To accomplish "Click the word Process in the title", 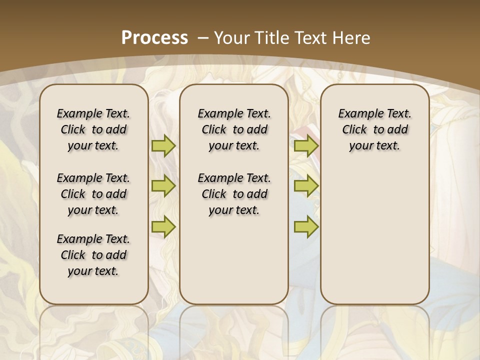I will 154,37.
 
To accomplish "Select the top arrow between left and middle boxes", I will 163,145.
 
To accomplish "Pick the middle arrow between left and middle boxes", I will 163,186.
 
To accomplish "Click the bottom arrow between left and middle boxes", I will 163,227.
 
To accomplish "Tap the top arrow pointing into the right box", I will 306,145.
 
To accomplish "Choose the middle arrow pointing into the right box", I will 306,186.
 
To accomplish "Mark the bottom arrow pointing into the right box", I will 306,227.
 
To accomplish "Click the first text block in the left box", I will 93,129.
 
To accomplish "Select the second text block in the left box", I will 93,194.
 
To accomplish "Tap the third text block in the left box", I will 93,255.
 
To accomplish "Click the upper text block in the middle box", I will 234,129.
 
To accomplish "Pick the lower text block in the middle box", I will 234,194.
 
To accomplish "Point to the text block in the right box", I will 374,129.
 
